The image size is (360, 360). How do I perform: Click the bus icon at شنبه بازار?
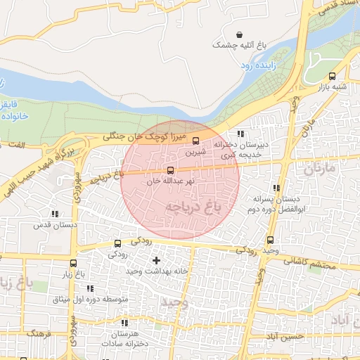(x=332, y=77)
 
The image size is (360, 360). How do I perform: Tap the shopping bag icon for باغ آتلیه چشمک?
(x=240, y=34)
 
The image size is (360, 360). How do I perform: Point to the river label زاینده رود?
(x=253, y=65)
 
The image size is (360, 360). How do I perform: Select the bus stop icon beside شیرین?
(x=195, y=140)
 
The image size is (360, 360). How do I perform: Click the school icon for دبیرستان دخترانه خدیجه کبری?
(x=240, y=134)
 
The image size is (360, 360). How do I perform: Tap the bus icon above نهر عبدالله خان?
(x=170, y=170)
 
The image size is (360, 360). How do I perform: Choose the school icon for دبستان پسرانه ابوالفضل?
(x=276, y=188)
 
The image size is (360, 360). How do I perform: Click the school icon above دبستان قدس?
(x=54, y=214)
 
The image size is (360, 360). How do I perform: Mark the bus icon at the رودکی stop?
(x=117, y=244)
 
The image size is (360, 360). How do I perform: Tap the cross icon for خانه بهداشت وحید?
(x=156, y=261)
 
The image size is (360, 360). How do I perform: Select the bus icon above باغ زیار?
(x=73, y=262)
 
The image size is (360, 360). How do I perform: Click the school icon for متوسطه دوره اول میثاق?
(x=89, y=288)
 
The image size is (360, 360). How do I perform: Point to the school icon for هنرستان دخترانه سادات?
(x=124, y=323)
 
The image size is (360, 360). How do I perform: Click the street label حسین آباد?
(x=290, y=337)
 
